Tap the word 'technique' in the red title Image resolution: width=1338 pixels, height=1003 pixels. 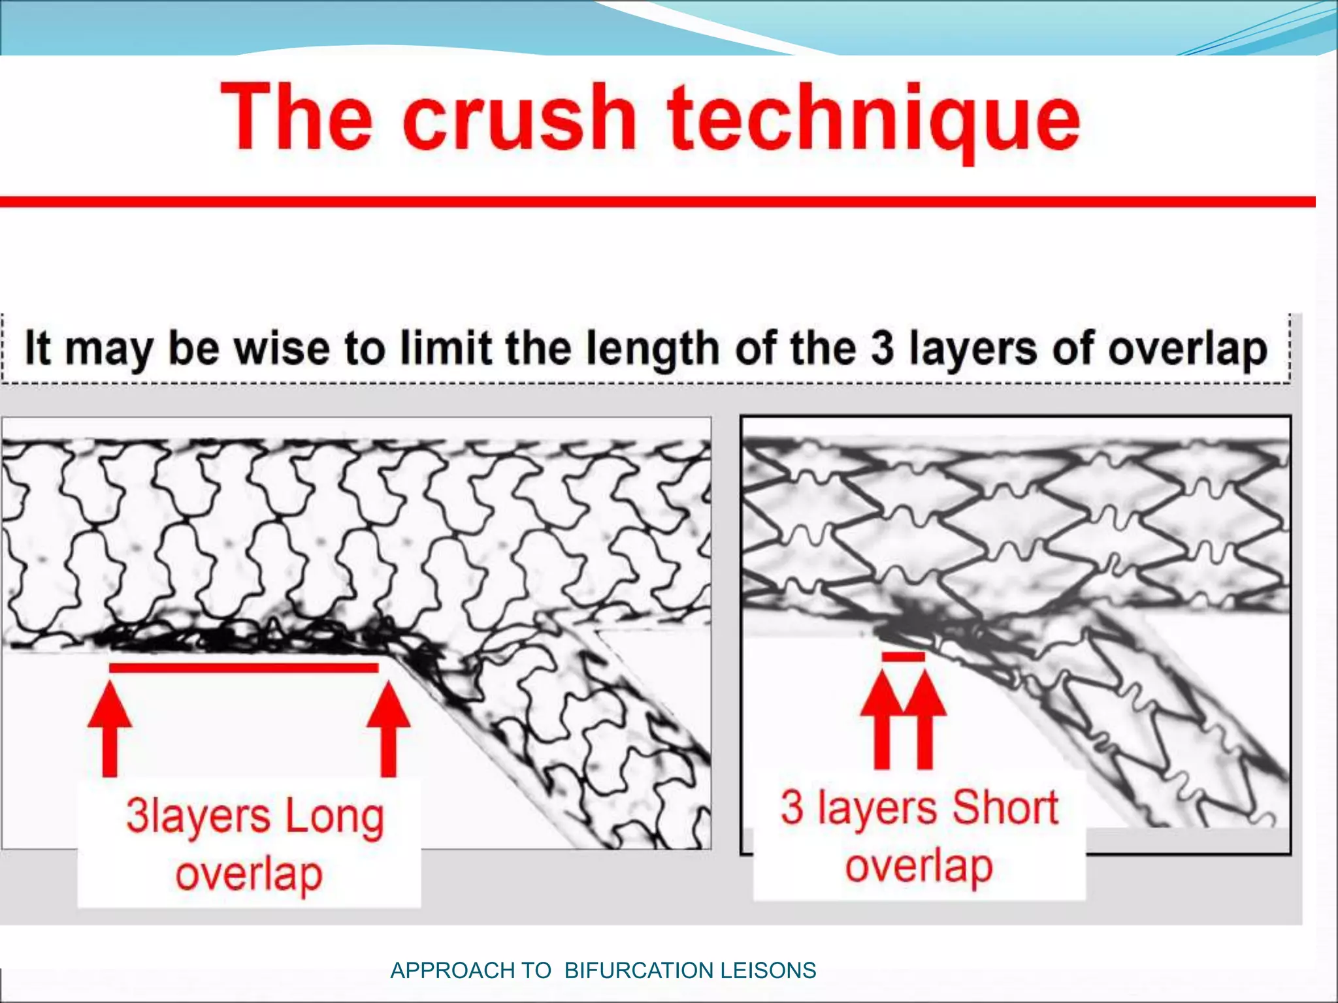pos(873,121)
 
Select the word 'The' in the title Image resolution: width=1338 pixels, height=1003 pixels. pos(297,118)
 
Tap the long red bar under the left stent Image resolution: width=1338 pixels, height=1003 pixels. pos(243,667)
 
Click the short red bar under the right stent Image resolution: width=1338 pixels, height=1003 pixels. pos(903,657)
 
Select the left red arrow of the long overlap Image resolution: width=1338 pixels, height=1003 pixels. pos(110,728)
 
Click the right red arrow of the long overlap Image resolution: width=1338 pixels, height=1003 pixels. pos(389,728)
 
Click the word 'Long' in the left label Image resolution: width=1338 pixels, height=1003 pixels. pos(334,818)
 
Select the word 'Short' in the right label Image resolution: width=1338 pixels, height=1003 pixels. pos(1004,808)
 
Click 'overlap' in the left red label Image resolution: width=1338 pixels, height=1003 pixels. pos(249,875)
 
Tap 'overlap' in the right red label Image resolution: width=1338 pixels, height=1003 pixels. pos(919,867)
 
